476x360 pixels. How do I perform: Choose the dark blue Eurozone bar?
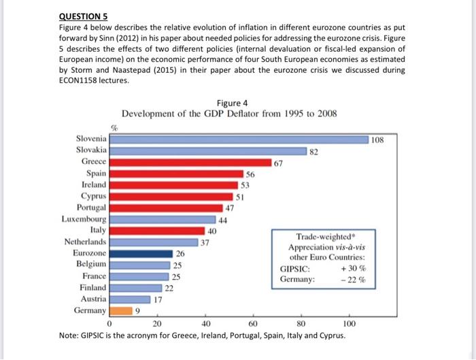[141, 253]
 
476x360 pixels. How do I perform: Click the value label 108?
[378, 140]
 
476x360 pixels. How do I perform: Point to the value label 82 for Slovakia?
[313, 151]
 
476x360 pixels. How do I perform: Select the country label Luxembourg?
[83, 218]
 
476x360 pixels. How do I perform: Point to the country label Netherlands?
[85, 242]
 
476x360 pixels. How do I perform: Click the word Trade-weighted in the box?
[326, 237]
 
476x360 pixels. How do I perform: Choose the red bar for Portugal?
[167, 207]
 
